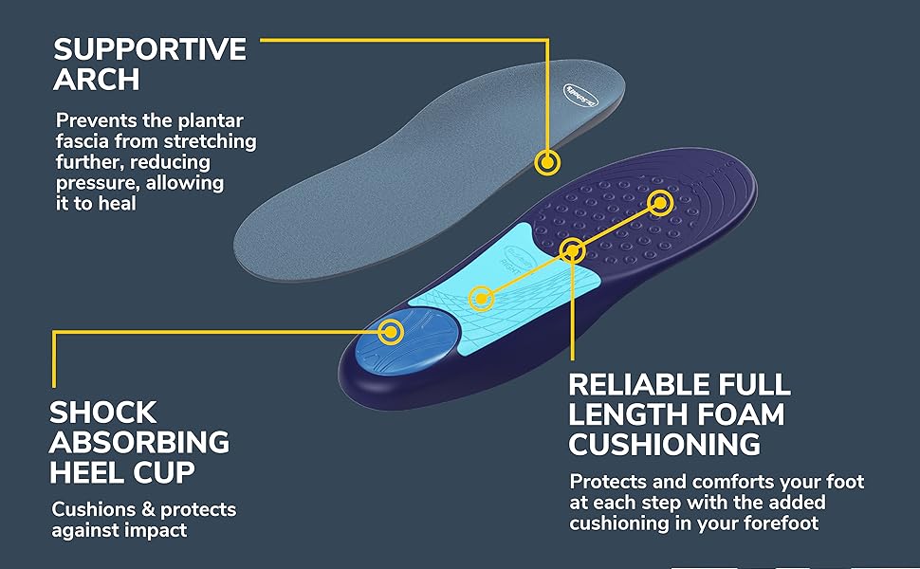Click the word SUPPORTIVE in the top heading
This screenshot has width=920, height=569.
click(x=150, y=49)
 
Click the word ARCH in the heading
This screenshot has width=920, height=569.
click(x=97, y=80)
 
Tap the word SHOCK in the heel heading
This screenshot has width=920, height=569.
click(x=103, y=413)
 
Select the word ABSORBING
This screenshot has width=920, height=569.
click(x=139, y=442)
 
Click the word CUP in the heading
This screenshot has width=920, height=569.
click(x=164, y=472)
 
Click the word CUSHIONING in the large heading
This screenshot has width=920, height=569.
click(x=665, y=444)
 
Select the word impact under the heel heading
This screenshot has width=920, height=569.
click(x=156, y=531)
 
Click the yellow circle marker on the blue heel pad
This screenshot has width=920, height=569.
click(x=390, y=332)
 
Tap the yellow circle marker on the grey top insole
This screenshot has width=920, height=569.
click(x=547, y=162)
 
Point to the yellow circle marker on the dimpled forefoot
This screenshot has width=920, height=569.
click(x=660, y=203)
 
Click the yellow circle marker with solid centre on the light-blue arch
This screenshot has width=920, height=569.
click(x=481, y=299)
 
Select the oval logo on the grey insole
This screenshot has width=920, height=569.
click(x=580, y=96)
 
